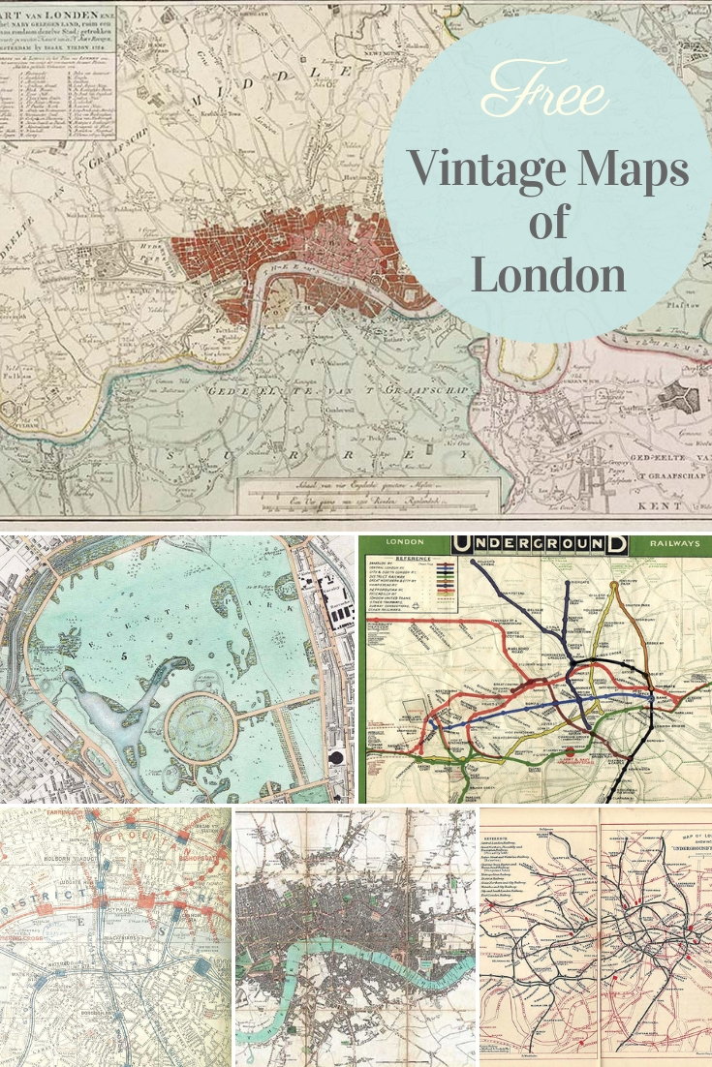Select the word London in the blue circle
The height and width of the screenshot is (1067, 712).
pos(548,275)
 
